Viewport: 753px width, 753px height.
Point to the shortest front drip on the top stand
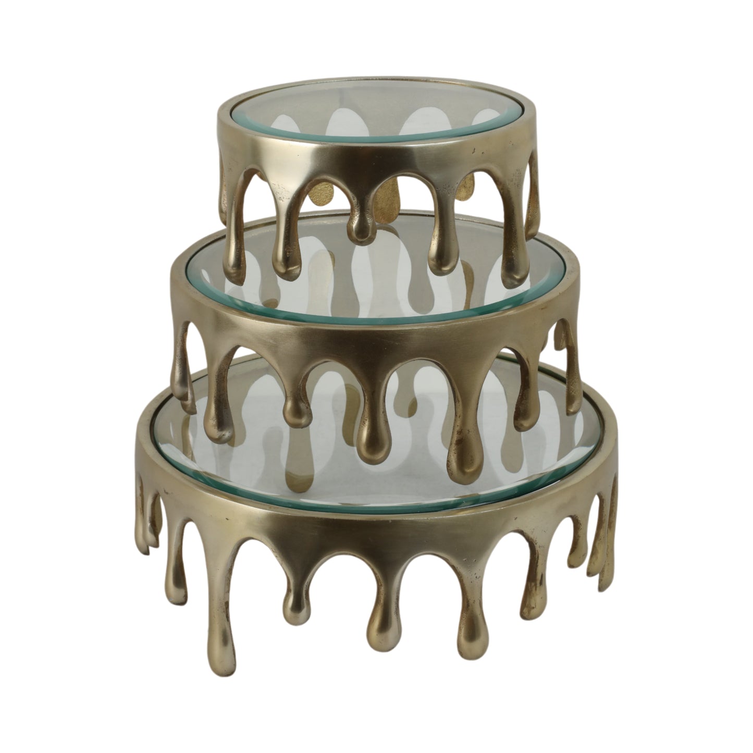tap(360, 229)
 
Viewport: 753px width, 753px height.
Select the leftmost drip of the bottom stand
tap(151, 516)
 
